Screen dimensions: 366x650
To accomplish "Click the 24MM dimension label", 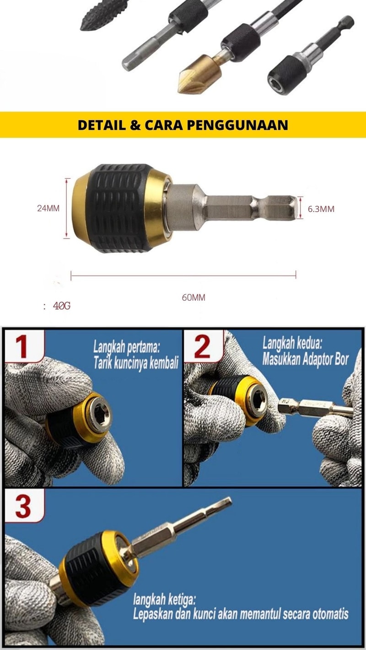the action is click(x=48, y=208).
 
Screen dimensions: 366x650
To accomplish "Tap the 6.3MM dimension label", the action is click(x=321, y=209).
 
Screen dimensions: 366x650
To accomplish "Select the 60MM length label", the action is click(x=194, y=298).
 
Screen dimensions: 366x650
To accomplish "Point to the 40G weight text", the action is click(x=62, y=306).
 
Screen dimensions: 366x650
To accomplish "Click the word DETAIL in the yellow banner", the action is click(x=102, y=125).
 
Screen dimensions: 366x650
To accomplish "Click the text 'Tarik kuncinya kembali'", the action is click(x=136, y=363).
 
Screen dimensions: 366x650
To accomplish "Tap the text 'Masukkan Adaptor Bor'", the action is click(x=305, y=360).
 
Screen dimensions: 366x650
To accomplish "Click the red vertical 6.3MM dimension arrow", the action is click(x=301, y=207).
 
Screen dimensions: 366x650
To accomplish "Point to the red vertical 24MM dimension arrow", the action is click(x=66, y=208).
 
